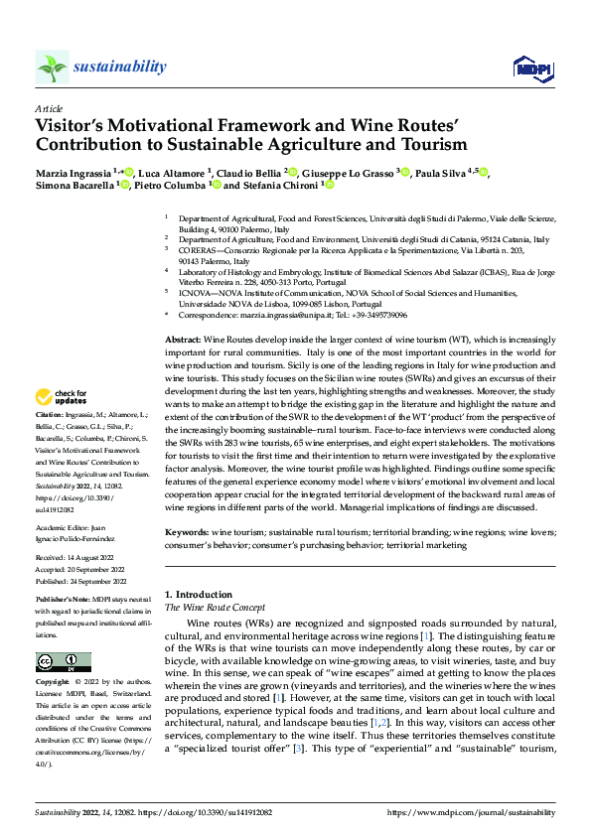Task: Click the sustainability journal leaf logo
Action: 52,68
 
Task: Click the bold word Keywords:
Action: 185,532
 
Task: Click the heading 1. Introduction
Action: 199,594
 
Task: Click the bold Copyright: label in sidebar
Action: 53,683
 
